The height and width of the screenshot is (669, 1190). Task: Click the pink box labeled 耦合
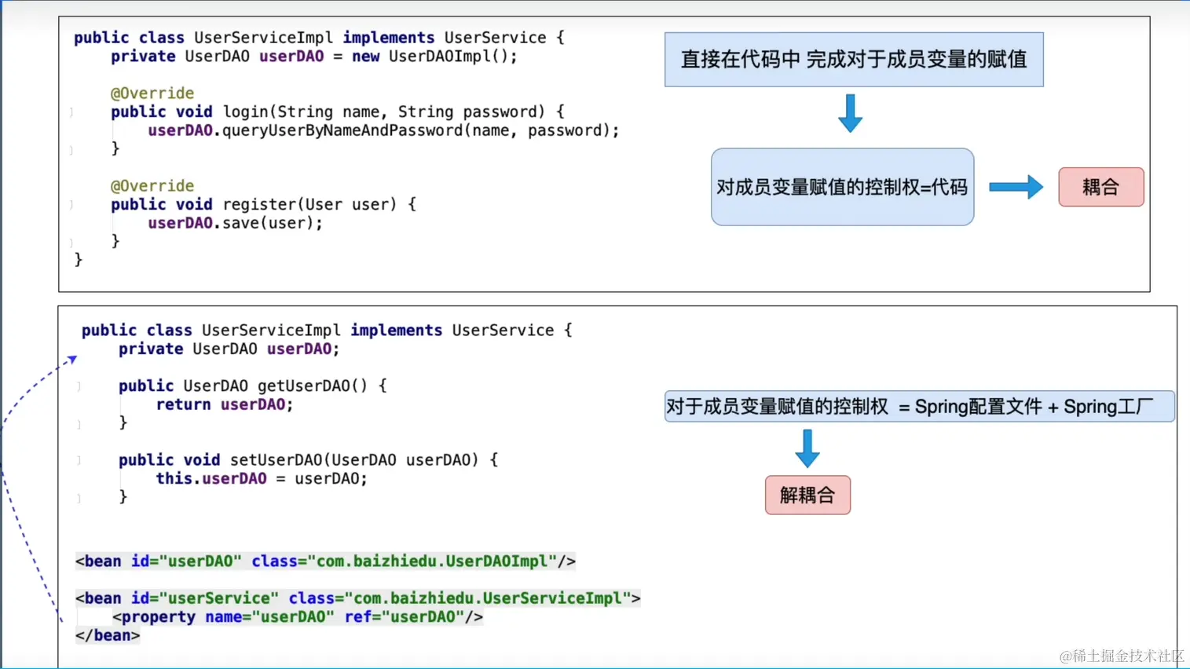[x=1100, y=187]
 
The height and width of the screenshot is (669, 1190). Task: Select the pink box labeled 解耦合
[x=807, y=495]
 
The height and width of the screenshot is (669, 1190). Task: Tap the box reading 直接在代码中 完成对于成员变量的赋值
[x=854, y=60]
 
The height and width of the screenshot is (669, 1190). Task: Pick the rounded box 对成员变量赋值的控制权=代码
[x=842, y=187]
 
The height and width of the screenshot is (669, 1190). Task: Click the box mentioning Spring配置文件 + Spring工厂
[x=919, y=407]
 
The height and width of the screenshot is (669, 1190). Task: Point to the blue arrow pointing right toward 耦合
[x=1016, y=187]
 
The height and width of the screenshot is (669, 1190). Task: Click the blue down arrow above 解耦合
[x=807, y=448]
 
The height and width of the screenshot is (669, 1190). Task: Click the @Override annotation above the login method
[x=152, y=93]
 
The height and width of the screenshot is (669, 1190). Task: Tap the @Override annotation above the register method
[x=152, y=186]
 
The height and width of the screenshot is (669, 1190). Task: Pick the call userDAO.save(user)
[x=235, y=223]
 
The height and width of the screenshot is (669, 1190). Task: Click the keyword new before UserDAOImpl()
[x=365, y=57]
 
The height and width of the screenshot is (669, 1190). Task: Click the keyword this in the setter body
[x=174, y=478]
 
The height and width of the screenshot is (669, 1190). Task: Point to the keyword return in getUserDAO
[x=183, y=404]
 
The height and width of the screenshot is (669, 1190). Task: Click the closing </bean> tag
[x=108, y=635]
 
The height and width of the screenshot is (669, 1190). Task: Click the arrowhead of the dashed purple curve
[x=72, y=359]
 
